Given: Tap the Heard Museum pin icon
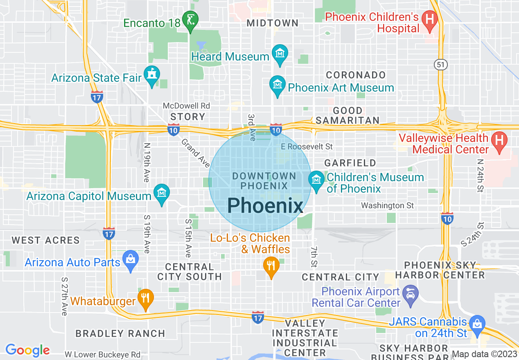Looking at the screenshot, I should point(280,55).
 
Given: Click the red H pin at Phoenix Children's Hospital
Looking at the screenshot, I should point(430,20).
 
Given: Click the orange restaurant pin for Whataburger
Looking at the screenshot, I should point(145,298).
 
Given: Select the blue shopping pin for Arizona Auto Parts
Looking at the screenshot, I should point(131,260).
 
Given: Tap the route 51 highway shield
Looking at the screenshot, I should point(441,65).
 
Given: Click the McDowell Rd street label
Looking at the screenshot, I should point(186,106).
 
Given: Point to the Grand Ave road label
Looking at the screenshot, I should point(196,153).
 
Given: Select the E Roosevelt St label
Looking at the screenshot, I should point(307,146).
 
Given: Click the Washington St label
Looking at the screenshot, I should point(387,205).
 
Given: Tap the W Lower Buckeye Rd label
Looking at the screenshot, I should point(102,355).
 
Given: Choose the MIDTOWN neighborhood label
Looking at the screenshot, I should point(273,23).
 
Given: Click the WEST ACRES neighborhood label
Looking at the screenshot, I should point(45,240).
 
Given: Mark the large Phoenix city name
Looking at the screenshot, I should point(265,206).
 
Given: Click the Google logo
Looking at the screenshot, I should point(27,350).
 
